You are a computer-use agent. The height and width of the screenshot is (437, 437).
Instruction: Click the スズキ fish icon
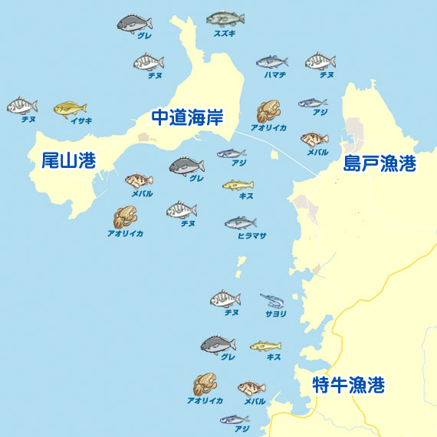click(x=225, y=18)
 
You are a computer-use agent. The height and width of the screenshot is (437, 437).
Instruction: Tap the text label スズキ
click(x=225, y=34)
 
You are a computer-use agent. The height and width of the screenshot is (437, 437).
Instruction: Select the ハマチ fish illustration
click(x=271, y=61)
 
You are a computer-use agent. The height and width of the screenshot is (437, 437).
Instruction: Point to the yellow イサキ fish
click(x=70, y=108)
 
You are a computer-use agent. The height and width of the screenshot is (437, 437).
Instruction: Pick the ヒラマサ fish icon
click(x=240, y=222)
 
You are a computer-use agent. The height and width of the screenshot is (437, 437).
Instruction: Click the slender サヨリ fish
click(x=273, y=300)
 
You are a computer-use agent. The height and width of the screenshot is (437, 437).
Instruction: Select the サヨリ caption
click(x=276, y=314)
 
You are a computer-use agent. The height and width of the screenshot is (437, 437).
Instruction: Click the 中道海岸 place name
click(x=187, y=117)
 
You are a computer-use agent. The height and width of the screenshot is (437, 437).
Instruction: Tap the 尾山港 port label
click(x=68, y=160)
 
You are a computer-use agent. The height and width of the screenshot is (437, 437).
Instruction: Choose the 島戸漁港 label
click(x=379, y=163)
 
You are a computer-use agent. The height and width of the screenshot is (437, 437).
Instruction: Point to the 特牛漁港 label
click(x=348, y=386)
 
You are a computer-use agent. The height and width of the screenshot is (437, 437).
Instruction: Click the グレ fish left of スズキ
click(x=134, y=23)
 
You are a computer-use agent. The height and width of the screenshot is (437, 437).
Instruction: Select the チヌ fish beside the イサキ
click(x=21, y=105)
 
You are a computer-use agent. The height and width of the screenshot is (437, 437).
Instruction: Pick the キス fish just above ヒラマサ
click(x=238, y=185)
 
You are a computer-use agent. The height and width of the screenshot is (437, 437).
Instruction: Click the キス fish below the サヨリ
click(x=265, y=346)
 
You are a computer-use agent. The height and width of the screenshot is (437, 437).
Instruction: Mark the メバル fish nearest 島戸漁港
click(x=314, y=140)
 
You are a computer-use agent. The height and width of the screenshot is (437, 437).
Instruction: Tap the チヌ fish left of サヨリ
click(x=225, y=298)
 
